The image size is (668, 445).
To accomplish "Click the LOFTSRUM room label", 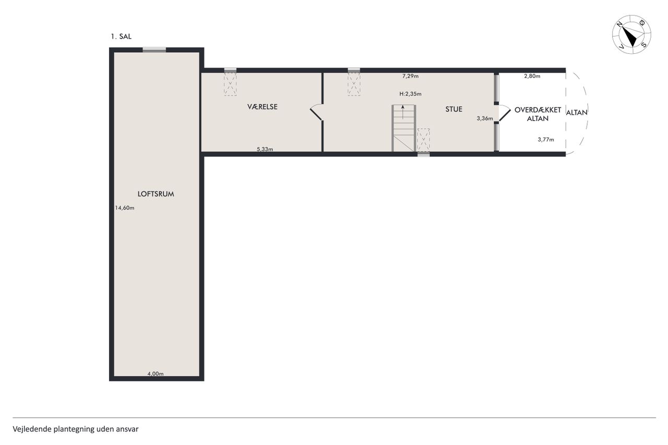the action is click(x=156, y=194).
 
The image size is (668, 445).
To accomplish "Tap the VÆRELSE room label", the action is click(x=263, y=107).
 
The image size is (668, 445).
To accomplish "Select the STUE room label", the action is click(x=454, y=109).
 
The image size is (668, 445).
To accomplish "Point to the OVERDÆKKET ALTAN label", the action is click(x=538, y=114).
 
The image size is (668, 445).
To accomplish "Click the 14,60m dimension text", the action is click(x=125, y=208).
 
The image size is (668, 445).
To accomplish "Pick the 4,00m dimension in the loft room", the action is click(x=156, y=374).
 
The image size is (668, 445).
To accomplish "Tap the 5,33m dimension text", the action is click(x=265, y=149).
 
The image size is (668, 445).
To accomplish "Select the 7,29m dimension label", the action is click(x=410, y=76).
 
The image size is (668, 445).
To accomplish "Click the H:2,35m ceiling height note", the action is click(x=410, y=94).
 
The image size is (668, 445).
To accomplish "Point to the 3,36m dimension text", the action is click(x=485, y=118).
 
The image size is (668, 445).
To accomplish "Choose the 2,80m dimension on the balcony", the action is click(x=532, y=76).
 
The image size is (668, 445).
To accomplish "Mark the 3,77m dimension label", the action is click(x=546, y=139).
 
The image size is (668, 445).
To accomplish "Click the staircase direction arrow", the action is click(x=403, y=112).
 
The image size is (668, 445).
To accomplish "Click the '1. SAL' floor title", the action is click(x=121, y=37).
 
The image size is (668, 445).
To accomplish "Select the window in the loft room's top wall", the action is click(x=154, y=50).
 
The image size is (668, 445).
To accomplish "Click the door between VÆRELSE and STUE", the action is click(x=317, y=112).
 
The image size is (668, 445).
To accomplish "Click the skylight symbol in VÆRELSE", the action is click(x=230, y=85).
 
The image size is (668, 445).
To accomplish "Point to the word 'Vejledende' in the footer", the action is click(x=32, y=429).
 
